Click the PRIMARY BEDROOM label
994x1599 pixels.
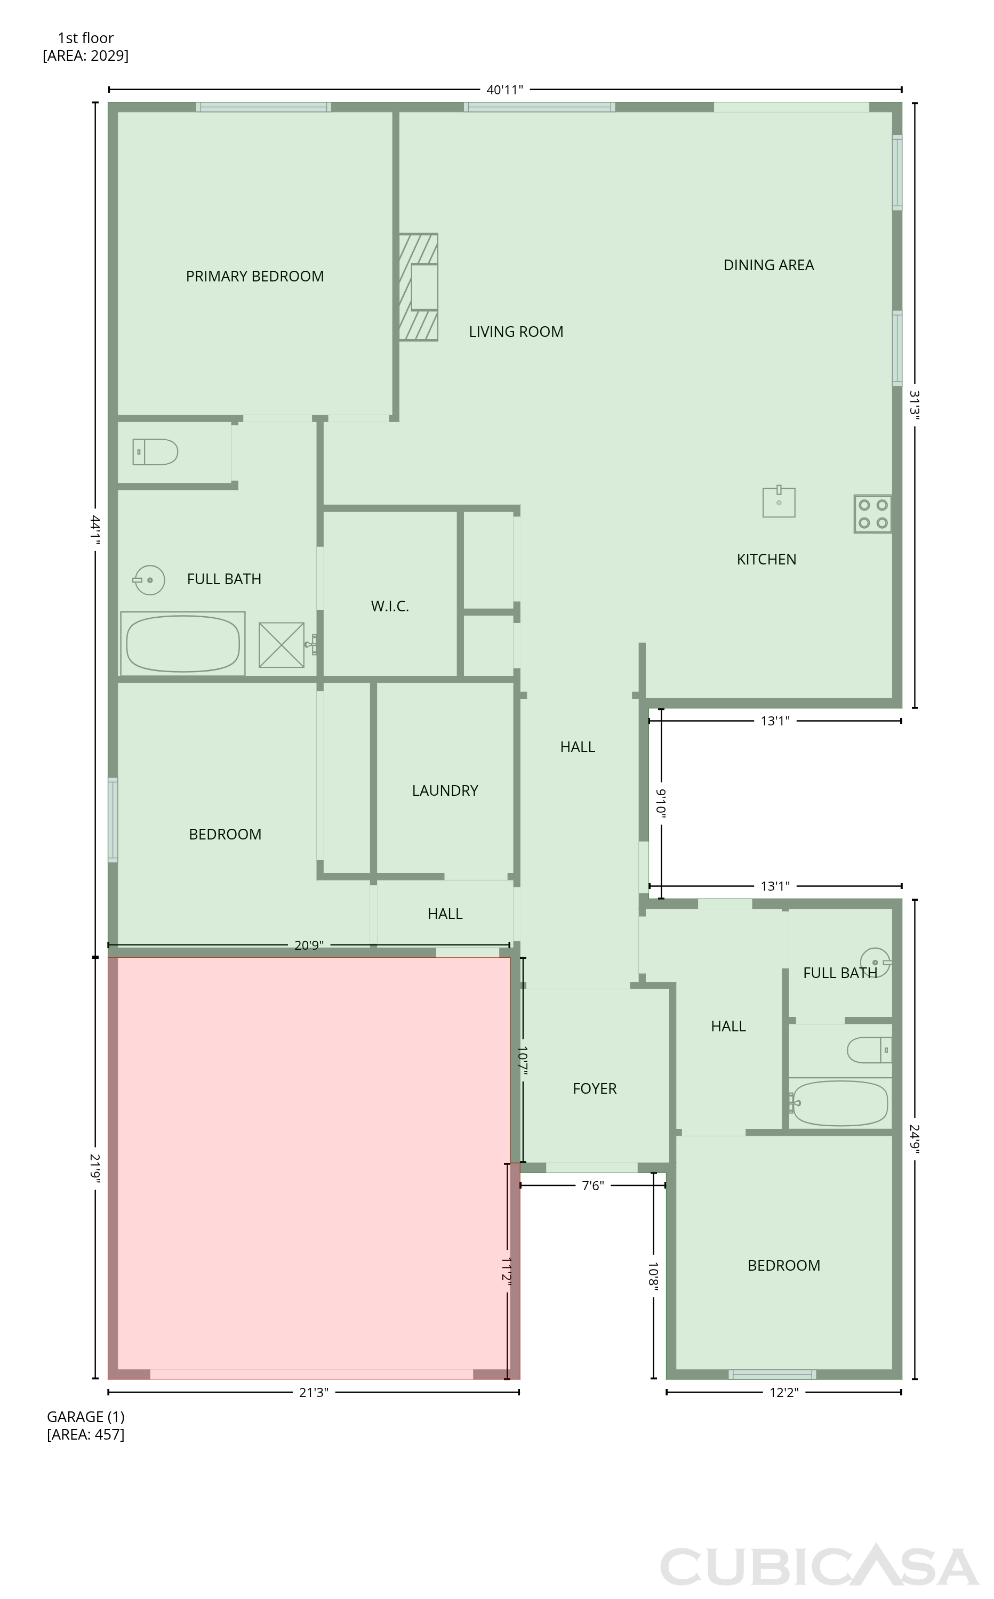255,277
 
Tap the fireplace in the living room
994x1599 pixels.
419,287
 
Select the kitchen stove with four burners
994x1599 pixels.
873,514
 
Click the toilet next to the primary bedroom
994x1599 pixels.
155,452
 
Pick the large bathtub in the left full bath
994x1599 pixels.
183,644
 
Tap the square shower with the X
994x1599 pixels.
282,645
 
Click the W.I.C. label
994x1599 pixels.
390,607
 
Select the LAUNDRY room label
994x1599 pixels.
445,791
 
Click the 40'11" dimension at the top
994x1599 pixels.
505,90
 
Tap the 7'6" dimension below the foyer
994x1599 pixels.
593,1186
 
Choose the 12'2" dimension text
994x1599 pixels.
784,1393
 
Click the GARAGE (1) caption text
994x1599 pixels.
85,1417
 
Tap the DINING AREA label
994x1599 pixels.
769,265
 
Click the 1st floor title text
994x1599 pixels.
85,38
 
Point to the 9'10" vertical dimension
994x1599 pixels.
661,803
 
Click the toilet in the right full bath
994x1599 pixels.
869,1050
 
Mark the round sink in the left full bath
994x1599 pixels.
149,580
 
